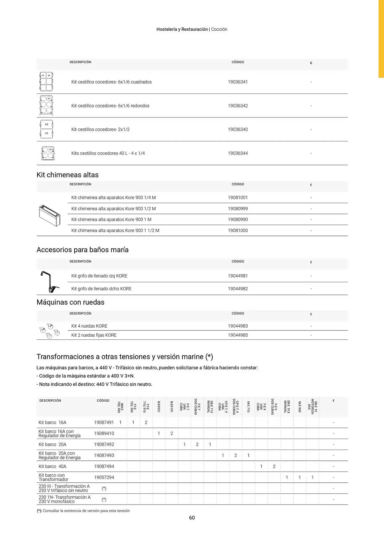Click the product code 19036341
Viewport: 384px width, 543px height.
click(x=238, y=82)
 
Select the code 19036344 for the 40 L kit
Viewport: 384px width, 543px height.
click(x=238, y=153)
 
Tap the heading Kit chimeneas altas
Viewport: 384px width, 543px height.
click(x=67, y=175)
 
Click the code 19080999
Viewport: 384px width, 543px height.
click(x=238, y=209)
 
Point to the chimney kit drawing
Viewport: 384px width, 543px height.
click(x=49, y=216)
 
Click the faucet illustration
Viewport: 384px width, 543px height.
click(x=49, y=282)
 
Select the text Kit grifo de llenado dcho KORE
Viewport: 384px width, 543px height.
click(x=101, y=289)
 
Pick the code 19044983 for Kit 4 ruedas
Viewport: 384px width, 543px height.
click(x=238, y=326)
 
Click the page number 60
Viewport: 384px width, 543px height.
click(x=192, y=518)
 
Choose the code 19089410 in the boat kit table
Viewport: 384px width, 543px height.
click(x=104, y=434)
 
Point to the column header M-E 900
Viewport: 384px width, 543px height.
click(x=300, y=407)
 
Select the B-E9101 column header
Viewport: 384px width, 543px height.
click(x=172, y=407)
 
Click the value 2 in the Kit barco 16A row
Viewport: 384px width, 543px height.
click(x=146, y=422)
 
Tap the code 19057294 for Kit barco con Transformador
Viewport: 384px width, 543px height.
click(x=104, y=477)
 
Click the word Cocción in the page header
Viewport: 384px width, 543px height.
click(x=219, y=29)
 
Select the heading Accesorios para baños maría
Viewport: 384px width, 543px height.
click(x=83, y=250)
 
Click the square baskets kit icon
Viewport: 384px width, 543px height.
click(x=46, y=82)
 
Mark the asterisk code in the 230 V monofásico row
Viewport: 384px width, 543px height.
click(x=104, y=500)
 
